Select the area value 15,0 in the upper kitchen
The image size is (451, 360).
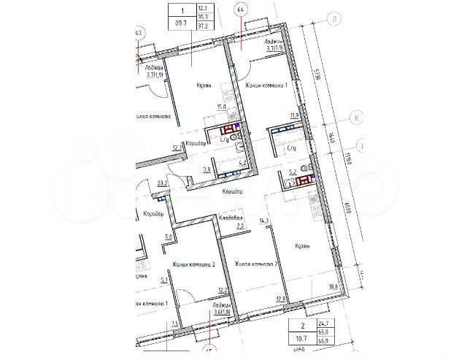coord(220,107)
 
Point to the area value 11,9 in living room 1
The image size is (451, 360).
coord(295,115)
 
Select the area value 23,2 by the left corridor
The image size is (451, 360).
coord(162,183)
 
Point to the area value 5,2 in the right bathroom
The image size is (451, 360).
coord(293,173)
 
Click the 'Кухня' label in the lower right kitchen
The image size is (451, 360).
coord(300,247)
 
